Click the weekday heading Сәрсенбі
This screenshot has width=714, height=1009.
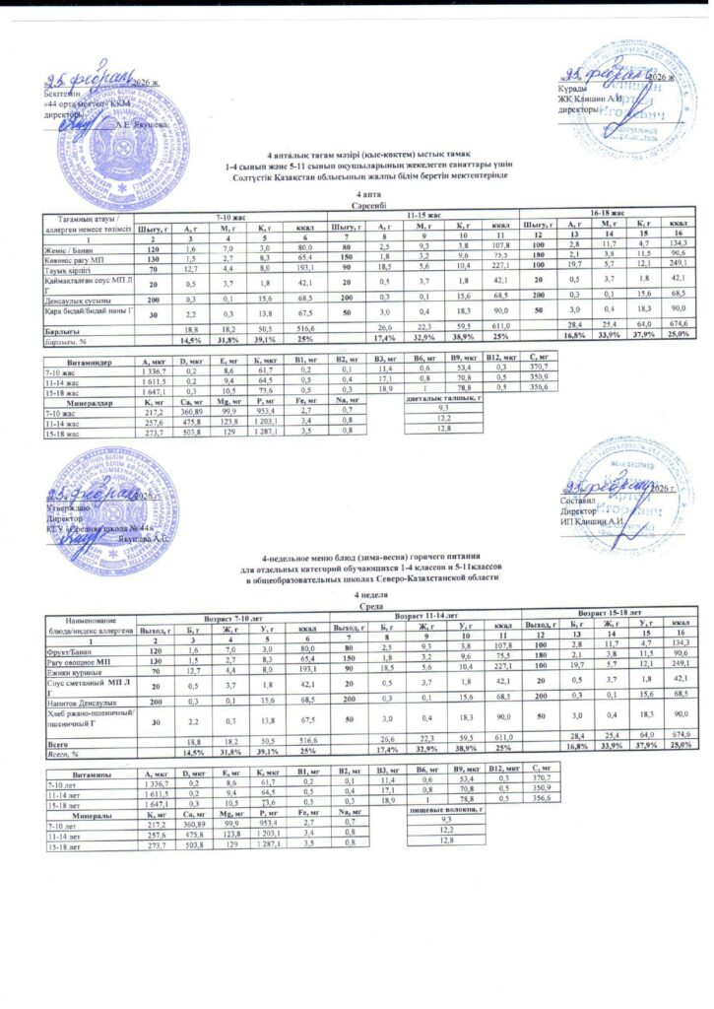coord(357,204)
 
